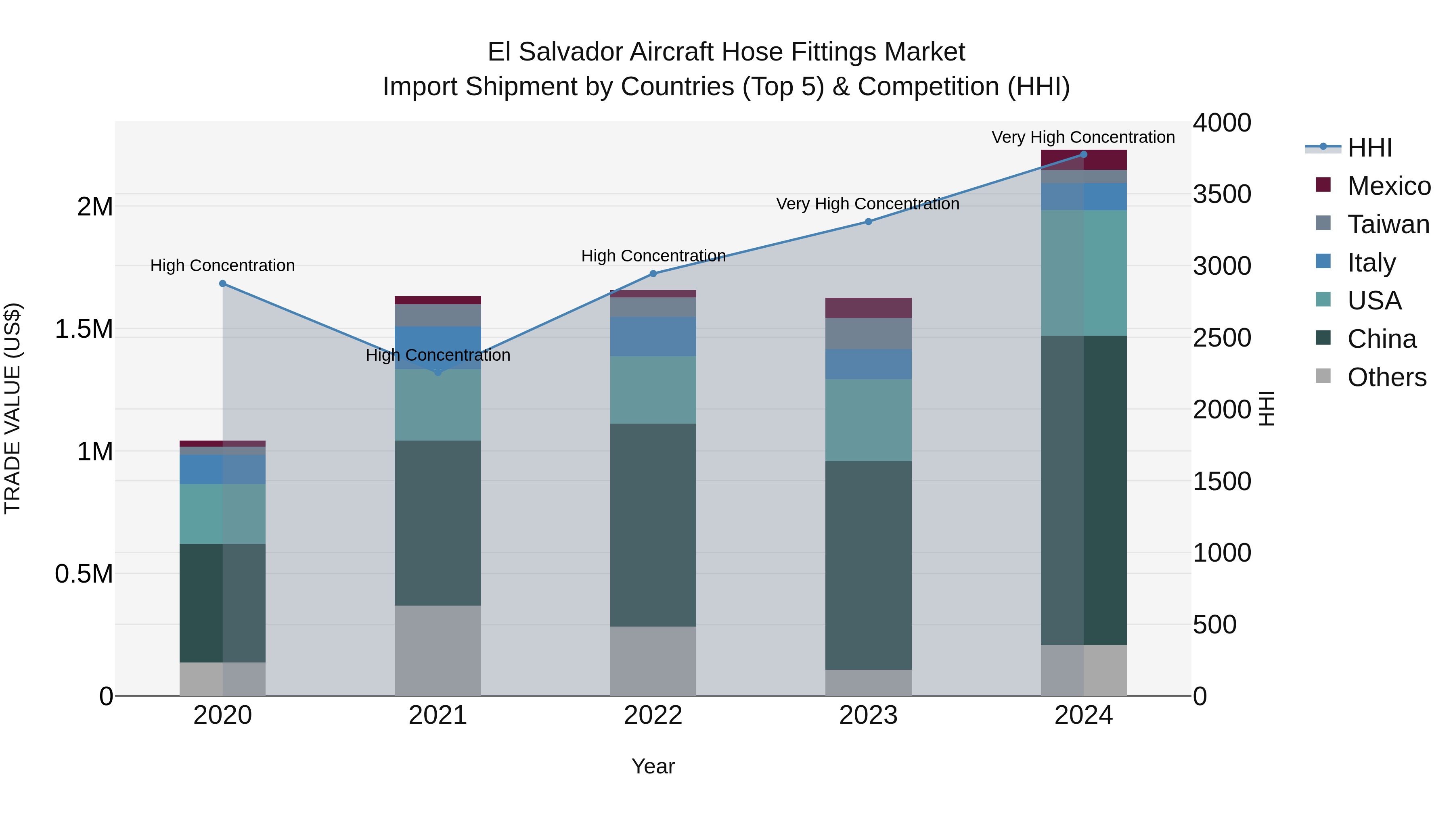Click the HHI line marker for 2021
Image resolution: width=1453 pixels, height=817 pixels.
click(x=438, y=372)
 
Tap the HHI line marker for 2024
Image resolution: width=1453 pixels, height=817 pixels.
click(x=1083, y=155)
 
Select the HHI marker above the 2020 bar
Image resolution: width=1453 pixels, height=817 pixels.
click(x=223, y=284)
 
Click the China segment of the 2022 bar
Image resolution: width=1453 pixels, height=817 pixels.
click(x=653, y=524)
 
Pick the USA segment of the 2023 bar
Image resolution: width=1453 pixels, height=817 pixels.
click(x=868, y=420)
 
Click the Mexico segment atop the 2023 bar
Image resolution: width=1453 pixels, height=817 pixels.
click(x=868, y=308)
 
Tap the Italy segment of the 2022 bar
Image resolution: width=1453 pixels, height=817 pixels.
click(x=653, y=336)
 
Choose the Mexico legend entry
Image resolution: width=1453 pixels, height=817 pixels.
click(x=1388, y=186)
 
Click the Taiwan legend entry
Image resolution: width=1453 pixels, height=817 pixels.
click(x=1388, y=224)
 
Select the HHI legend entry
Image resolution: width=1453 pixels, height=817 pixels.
click(x=1369, y=148)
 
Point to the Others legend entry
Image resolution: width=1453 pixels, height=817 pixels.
click(x=1386, y=377)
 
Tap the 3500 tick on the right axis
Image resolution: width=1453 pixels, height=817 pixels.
click(x=1222, y=194)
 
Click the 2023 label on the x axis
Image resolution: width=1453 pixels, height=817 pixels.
click(x=868, y=715)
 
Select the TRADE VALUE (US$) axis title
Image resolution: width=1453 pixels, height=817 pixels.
click(x=13, y=408)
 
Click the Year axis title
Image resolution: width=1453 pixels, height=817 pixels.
click(x=653, y=766)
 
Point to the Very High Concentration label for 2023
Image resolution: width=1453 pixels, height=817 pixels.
click(x=867, y=204)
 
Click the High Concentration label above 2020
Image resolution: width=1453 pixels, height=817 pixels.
click(x=222, y=265)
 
